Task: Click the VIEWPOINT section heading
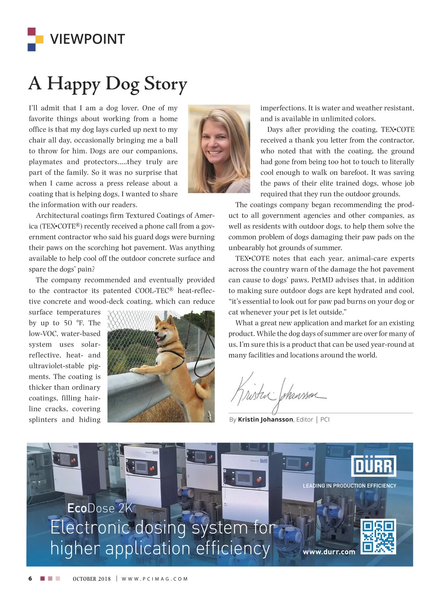(87, 39)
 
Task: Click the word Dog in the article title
(122, 84)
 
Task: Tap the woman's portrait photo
(219, 149)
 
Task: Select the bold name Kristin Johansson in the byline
(265, 419)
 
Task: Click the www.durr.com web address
(329, 552)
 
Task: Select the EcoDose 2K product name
(99, 508)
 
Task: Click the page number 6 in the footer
(30, 579)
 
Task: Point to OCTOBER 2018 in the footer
(92, 579)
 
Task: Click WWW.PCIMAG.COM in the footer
(155, 579)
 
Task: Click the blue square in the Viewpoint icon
(32, 47)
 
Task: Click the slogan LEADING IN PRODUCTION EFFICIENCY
(349, 486)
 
